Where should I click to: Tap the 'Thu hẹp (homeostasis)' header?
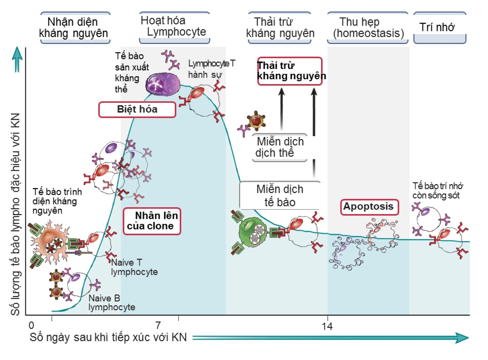click(x=368, y=28)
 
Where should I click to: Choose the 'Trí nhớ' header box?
click(x=439, y=28)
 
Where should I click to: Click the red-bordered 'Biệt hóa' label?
click(x=137, y=110)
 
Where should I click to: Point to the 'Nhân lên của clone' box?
click(x=152, y=221)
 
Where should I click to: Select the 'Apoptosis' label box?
click(x=369, y=207)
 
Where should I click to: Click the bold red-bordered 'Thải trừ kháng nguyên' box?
click(x=290, y=71)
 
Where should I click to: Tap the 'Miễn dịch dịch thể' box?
click(x=280, y=147)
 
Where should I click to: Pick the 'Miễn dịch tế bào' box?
click(x=280, y=196)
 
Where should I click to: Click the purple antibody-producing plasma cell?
click(x=163, y=84)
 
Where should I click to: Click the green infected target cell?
click(x=253, y=232)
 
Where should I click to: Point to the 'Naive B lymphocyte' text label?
click(x=111, y=303)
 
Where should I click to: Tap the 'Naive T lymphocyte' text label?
click(x=134, y=267)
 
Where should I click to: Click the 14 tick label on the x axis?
click(x=327, y=326)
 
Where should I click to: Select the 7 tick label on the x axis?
click(x=158, y=325)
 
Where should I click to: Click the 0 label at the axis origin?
click(x=31, y=325)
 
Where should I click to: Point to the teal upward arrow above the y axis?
click(x=17, y=59)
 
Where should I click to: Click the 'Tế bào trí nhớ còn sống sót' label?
click(x=437, y=190)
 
